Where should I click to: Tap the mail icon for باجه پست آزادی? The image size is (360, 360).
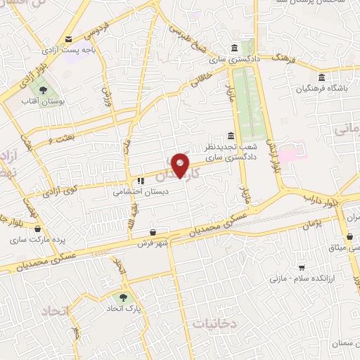[69, 39]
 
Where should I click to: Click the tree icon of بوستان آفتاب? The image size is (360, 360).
[44, 91]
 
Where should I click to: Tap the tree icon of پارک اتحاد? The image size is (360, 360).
[126, 298]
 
